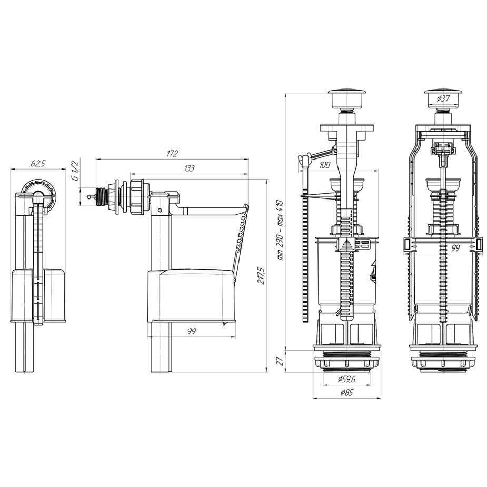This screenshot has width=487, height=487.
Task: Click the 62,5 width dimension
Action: click(38, 163)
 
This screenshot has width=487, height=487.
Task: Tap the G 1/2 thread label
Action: click(75, 170)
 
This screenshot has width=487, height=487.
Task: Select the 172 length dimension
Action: click(172, 154)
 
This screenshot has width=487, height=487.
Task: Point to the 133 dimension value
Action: click(189, 168)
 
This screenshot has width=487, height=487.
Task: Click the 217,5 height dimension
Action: click(261, 275)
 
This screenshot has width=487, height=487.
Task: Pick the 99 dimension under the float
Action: click(192, 331)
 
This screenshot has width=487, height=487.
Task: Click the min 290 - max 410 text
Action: click(280, 230)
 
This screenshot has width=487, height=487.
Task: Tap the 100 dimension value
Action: click(324, 165)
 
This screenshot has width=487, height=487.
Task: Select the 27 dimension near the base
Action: click(280, 361)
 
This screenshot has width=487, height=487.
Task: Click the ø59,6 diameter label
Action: click(346, 379)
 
